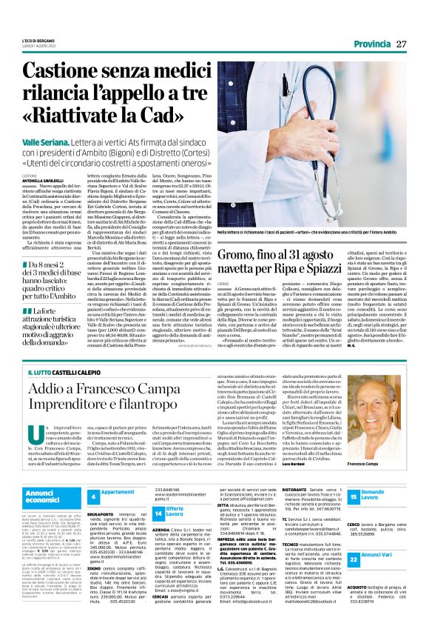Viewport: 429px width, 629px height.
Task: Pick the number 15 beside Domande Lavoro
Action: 354,493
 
